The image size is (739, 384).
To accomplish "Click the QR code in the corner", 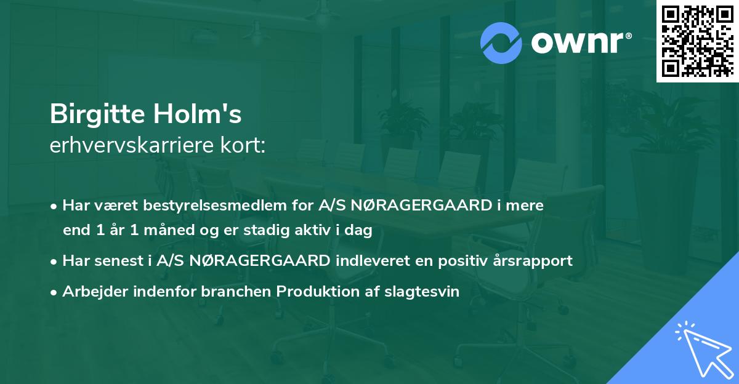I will [697, 41].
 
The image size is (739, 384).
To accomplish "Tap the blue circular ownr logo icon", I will [501, 43].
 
